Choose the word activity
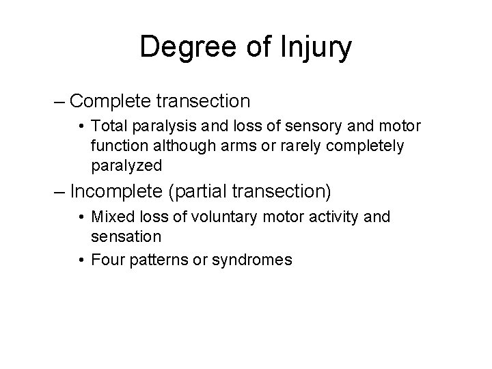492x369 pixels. click(341, 217)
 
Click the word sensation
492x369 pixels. click(125, 236)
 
